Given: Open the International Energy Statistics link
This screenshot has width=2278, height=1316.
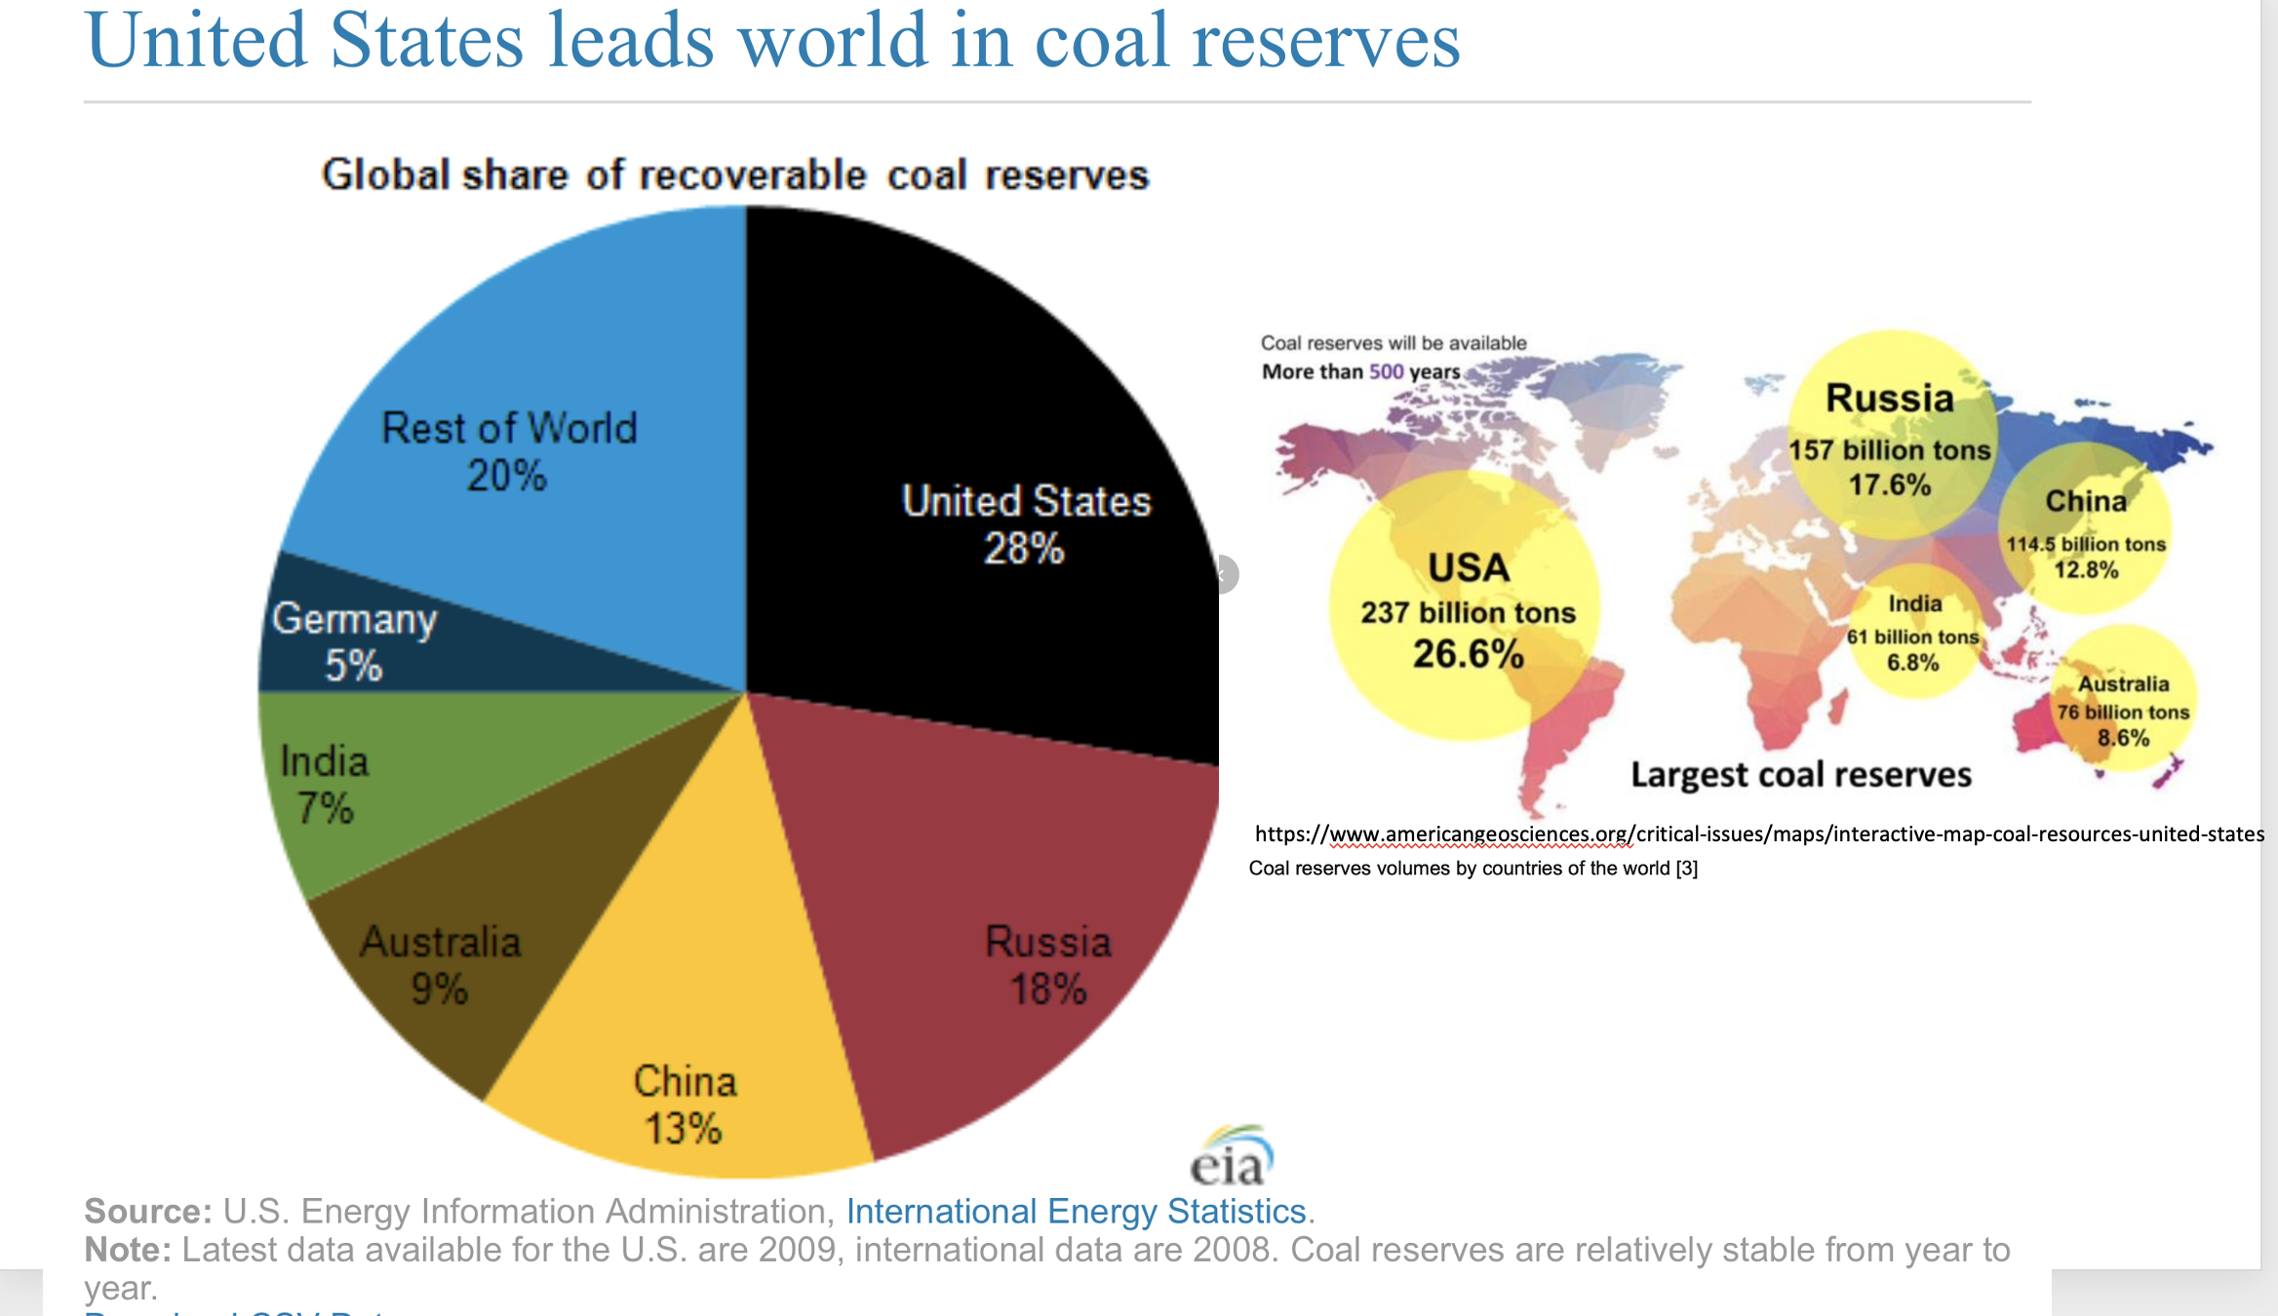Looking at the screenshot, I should click(x=1076, y=1212).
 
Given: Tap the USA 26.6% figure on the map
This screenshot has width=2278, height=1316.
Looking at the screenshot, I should click(x=1468, y=654).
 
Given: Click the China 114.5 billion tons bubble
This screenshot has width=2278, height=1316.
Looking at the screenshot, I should click(x=2086, y=532).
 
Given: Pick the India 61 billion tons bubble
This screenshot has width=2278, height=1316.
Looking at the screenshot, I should click(x=1913, y=634).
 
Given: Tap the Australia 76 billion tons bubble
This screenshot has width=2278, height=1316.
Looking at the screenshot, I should click(x=2124, y=711).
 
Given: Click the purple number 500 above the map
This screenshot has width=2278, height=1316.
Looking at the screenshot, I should click(x=1386, y=371).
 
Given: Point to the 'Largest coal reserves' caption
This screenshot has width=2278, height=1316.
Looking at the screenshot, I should click(x=1801, y=775).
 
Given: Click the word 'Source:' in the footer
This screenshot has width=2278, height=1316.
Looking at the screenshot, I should click(x=147, y=1212).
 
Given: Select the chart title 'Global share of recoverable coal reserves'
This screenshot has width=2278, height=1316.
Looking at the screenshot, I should click(x=735, y=175).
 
